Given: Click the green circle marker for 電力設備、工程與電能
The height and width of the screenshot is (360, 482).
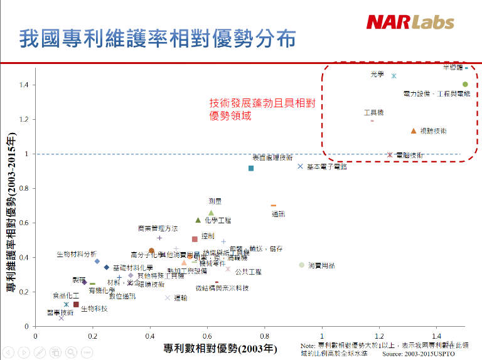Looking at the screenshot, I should (465, 85).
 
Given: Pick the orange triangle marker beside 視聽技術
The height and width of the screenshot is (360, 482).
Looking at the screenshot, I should (414, 131).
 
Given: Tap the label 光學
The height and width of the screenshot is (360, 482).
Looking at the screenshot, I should (377, 74).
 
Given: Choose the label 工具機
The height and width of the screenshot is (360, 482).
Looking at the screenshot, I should (373, 113).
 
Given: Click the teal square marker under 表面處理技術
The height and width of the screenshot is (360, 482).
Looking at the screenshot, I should (251, 168).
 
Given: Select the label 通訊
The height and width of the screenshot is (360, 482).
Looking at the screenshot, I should (278, 214).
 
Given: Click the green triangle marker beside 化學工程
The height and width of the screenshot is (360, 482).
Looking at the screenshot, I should (198, 220).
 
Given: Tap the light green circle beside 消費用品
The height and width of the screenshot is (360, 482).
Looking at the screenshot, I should (302, 265).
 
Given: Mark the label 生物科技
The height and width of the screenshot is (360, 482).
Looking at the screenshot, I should (94, 309).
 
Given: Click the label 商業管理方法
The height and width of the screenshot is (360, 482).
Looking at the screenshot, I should (158, 229).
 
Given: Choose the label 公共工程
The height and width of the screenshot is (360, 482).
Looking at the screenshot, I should (248, 272).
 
